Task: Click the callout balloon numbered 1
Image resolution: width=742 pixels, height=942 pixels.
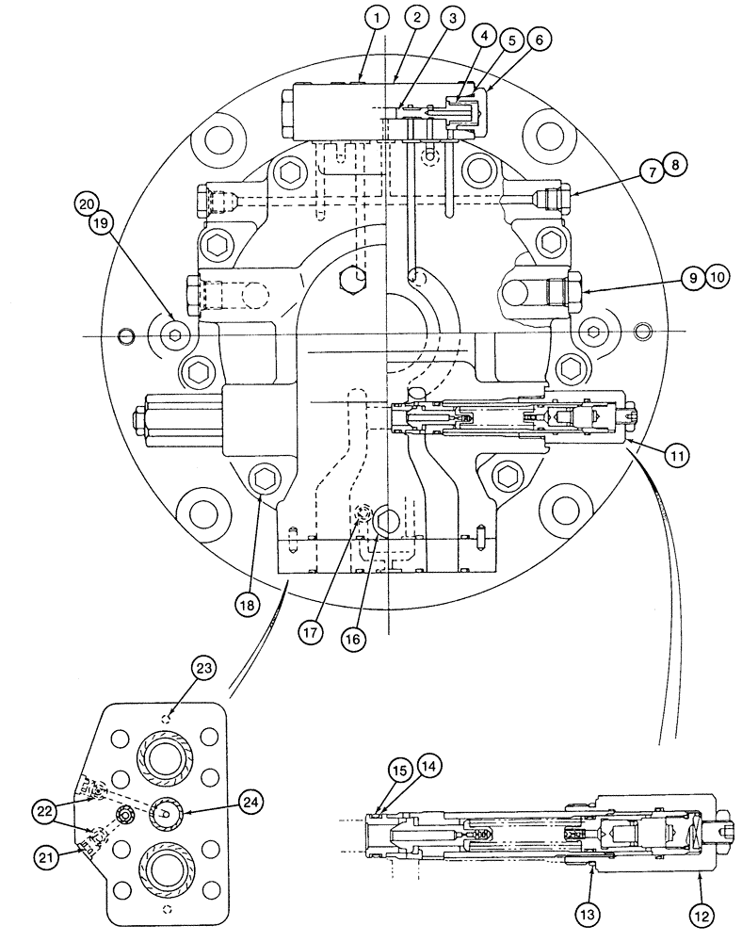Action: (x=377, y=16)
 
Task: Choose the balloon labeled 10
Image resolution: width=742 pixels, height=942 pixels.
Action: (x=718, y=277)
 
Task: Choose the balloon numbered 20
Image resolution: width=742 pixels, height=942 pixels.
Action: (x=88, y=203)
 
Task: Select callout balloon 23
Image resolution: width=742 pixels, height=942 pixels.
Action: (x=204, y=668)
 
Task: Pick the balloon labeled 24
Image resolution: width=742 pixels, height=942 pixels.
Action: (x=250, y=802)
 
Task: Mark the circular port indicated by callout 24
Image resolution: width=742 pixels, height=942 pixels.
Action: (x=165, y=812)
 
